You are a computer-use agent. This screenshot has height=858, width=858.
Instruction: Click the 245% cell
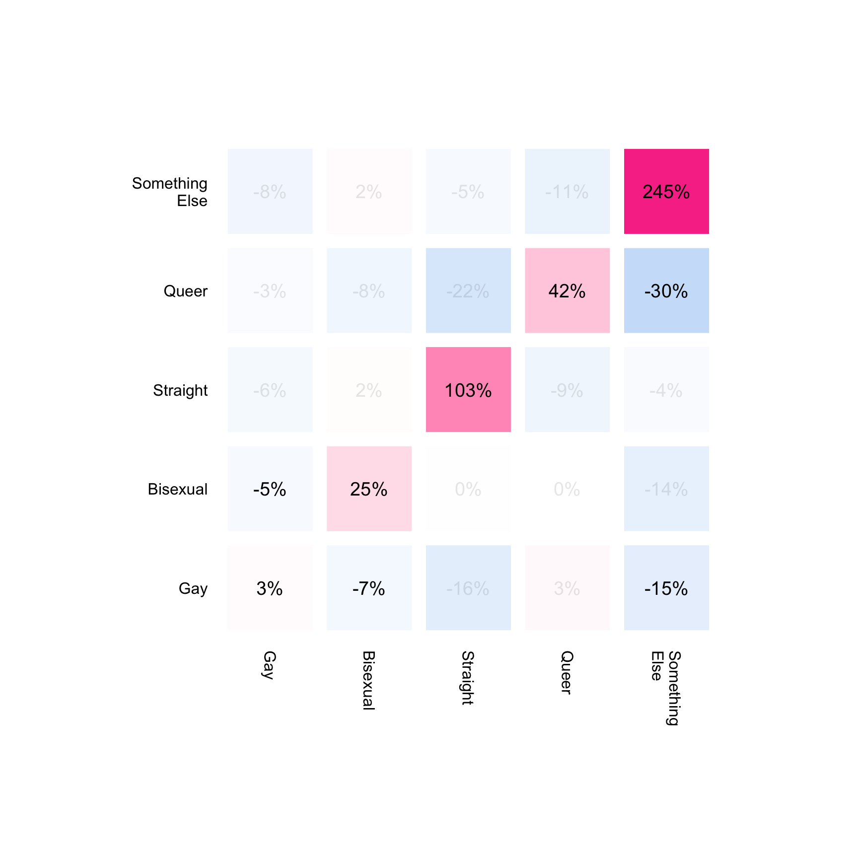[666, 191]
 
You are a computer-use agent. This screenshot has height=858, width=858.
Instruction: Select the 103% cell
[468, 390]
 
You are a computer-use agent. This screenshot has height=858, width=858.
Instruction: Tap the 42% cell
[567, 290]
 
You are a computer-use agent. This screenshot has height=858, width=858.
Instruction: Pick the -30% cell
[666, 290]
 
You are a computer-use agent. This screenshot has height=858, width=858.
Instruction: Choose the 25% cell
[369, 489]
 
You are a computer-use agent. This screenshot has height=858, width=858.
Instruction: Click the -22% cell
[468, 290]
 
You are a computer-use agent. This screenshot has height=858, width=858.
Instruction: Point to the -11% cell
[567, 191]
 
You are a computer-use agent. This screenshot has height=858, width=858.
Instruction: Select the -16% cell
[468, 588]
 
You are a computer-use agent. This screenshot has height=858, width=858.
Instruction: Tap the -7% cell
[369, 588]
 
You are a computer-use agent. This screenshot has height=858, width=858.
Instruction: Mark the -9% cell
[567, 390]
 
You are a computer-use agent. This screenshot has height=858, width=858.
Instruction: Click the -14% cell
[666, 489]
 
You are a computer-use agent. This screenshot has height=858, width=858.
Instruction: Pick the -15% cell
[666, 588]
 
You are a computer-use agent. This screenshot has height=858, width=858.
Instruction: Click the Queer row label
[186, 291]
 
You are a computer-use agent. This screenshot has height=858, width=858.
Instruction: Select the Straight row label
[180, 390]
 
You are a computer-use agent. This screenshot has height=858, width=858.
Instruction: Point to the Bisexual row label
[178, 489]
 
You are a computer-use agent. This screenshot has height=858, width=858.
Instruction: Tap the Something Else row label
[170, 192]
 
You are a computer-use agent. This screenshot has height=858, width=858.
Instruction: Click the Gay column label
[269, 665]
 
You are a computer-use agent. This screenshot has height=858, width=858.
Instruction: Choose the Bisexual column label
[368, 680]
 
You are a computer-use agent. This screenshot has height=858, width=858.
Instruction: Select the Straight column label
[468, 678]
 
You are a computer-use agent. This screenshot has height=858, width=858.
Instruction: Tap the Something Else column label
[665, 688]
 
